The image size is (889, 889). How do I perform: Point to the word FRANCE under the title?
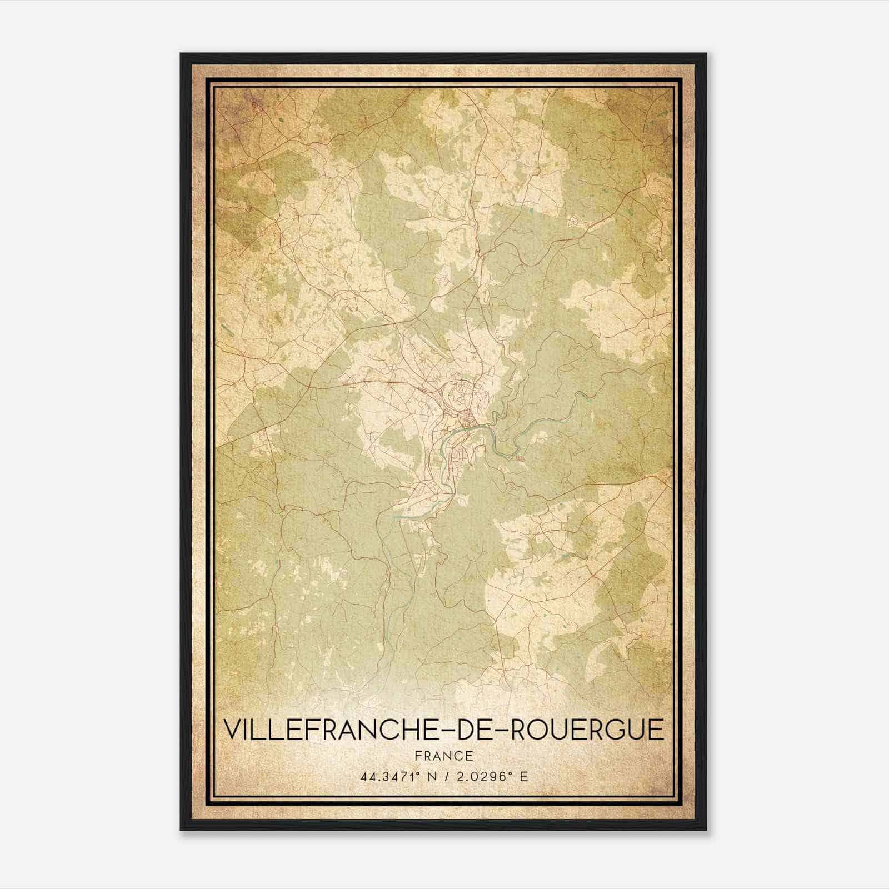tap(443, 756)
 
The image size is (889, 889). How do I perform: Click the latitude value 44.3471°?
tap(389, 777)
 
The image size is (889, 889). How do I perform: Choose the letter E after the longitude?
tap(523, 777)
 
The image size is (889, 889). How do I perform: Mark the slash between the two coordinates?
tap(451, 777)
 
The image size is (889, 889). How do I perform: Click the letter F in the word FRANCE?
tap(418, 756)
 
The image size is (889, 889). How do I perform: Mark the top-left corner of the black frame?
tap(181, 54)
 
